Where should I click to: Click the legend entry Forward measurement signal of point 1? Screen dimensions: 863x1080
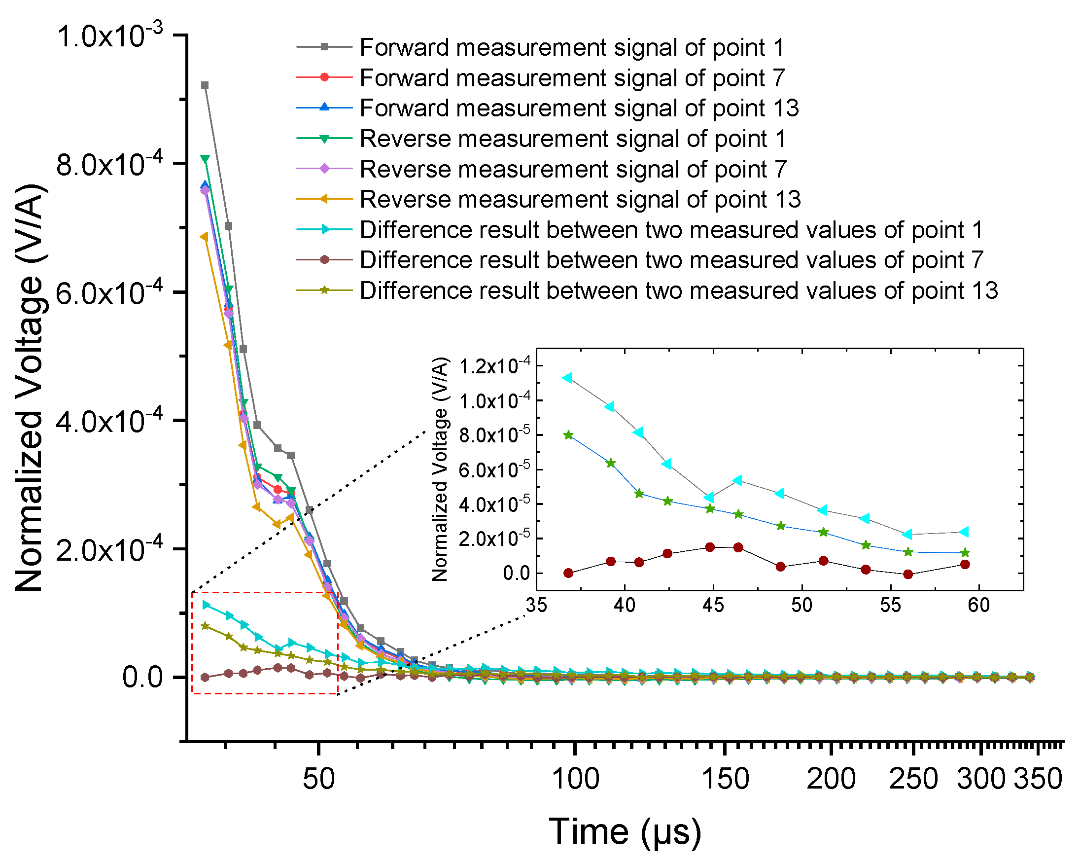pyautogui.click(x=571, y=48)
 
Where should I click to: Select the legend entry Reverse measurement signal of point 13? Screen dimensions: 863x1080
pyautogui.click(x=580, y=199)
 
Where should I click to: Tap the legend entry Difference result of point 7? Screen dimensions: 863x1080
pyautogui.click(x=671, y=260)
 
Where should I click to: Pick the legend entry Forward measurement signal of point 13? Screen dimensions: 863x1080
pyautogui.click(x=579, y=108)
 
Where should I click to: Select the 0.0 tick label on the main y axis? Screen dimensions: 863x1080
pyautogui.click(x=142, y=678)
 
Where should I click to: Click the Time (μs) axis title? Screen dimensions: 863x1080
pyautogui.click(x=625, y=832)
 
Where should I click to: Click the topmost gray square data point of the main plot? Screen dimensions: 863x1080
pyautogui.click(x=205, y=86)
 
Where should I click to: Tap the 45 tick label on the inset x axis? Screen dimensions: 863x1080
pyautogui.click(x=713, y=606)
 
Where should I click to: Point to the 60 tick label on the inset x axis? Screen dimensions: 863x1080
pyautogui.click(x=979, y=606)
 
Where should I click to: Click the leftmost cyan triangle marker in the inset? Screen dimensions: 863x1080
pyautogui.click(x=567, y=378)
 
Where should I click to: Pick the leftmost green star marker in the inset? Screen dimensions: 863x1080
pyautogui.click(x=568, y=435)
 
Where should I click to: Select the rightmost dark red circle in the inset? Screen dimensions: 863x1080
pyautogui.click(x=965, y=564)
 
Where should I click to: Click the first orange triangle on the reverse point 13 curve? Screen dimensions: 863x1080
pyautogui.click(x=205, y=237)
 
